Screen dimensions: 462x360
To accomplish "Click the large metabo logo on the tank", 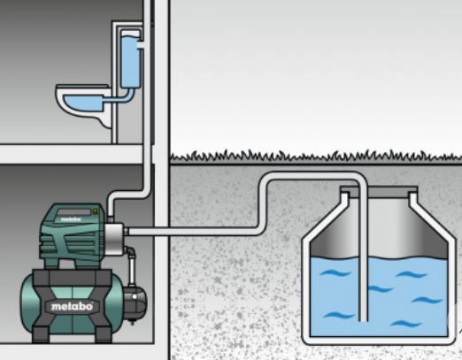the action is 72,307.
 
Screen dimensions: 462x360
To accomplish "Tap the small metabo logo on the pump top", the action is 71,219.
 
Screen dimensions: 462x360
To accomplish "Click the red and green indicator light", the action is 95,211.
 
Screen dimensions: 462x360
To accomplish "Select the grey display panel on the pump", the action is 73,212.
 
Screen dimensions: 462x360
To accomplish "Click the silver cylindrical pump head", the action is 114,239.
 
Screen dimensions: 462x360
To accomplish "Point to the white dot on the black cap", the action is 135,296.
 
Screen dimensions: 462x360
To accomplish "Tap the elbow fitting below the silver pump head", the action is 129,250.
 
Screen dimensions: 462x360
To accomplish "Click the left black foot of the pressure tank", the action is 41,334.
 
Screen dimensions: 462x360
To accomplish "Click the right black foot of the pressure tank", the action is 104,334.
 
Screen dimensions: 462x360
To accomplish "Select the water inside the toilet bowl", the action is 83,103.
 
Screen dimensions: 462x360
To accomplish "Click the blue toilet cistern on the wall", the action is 130,59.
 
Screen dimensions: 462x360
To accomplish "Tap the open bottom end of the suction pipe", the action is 363,320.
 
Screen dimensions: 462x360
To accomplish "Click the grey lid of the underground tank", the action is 379,192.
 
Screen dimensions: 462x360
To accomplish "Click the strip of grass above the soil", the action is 316,157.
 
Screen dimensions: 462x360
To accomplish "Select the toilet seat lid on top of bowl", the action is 82,86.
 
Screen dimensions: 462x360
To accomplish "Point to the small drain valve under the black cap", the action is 133,321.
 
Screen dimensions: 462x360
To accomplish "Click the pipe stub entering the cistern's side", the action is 140,45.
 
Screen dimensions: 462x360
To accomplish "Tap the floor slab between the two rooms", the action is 73,154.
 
